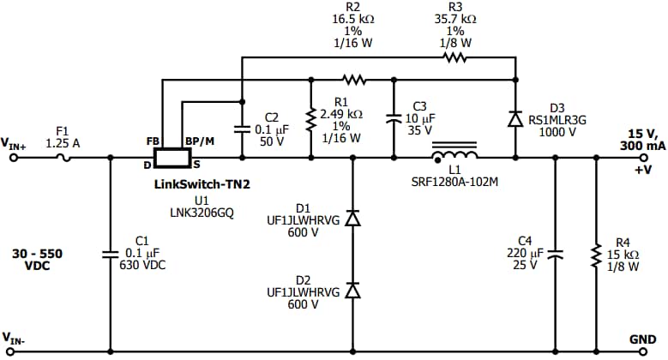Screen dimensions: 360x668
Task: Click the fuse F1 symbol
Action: coord(62,158)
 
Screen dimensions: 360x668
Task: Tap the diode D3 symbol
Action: coord(515,119)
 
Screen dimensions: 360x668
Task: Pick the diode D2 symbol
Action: coord(351,291)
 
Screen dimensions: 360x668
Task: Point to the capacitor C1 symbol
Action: coord(110,253)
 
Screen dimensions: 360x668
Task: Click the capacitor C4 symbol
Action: coord(555,253)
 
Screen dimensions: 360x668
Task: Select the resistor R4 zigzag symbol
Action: coord(595,254)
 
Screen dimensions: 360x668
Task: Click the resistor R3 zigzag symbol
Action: coord(454,58)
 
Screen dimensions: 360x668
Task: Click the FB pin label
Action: coord(153,141)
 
